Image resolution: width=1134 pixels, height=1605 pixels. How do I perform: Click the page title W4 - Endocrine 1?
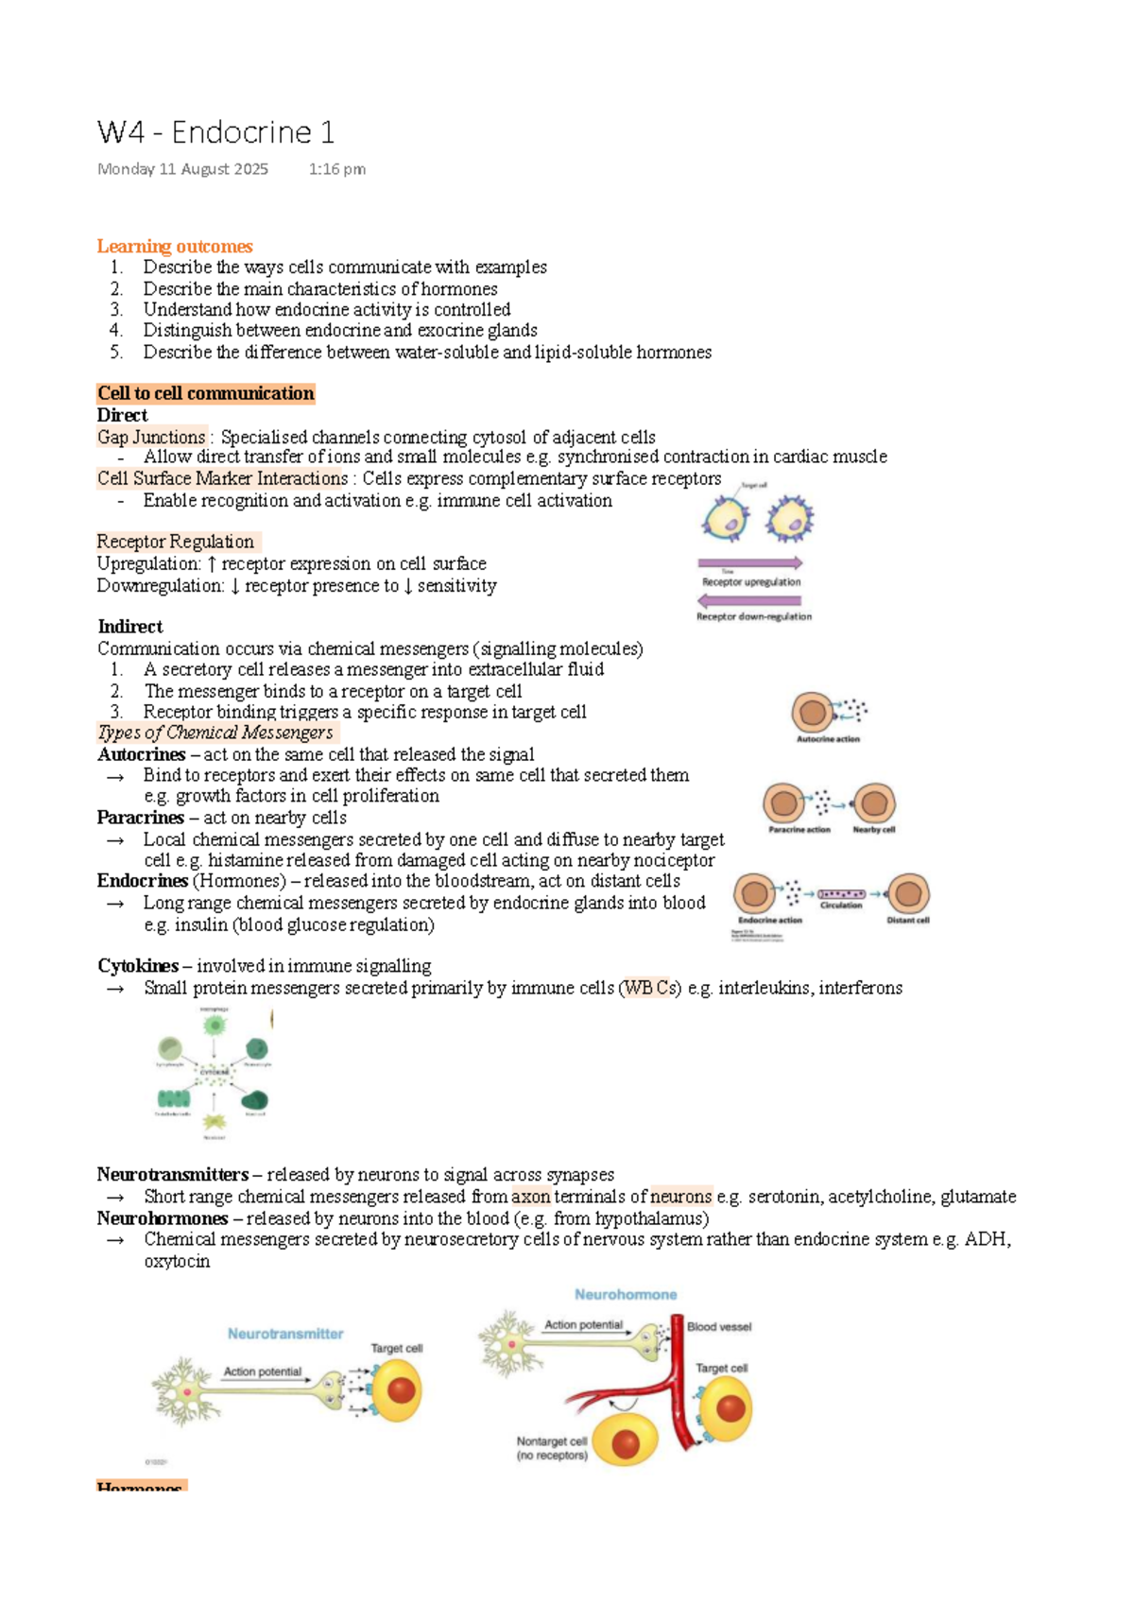[215, 132]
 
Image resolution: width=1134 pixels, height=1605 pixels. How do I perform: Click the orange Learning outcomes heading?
[175, 247]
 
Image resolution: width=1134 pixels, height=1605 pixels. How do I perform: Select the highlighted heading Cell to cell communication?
[205, 393]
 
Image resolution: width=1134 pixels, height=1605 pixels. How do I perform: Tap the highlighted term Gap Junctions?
[151, 437]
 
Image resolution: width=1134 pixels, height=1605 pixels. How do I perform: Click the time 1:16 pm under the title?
[336, 169]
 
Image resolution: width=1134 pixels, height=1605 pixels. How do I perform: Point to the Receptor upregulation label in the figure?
[750, 582]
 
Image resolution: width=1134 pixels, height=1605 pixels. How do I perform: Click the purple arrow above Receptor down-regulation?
[749, 600]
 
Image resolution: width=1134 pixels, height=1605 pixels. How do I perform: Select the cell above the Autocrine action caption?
[813, 713]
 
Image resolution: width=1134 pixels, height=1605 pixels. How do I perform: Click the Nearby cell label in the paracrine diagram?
[873, 830]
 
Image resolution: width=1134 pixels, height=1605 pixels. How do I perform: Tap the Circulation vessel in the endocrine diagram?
[841, 893]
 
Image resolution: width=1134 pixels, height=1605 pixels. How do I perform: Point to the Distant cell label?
[907, 920]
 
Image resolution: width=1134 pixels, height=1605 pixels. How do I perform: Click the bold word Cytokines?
[138, 966]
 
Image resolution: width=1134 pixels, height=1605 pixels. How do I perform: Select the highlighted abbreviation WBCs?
[649, 988]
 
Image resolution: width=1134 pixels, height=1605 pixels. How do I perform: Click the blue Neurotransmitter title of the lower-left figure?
[285, 1334]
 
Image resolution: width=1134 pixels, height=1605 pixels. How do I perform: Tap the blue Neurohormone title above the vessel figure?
[626, 1295]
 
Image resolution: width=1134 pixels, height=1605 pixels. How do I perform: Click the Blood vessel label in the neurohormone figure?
[719, 1327]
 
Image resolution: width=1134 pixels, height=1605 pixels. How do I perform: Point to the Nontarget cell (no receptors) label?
[552, 1448]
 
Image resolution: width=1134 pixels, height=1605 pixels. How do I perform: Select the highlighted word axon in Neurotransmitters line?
[530, 1197]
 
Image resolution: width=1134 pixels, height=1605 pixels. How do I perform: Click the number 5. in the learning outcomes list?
[116, 352]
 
